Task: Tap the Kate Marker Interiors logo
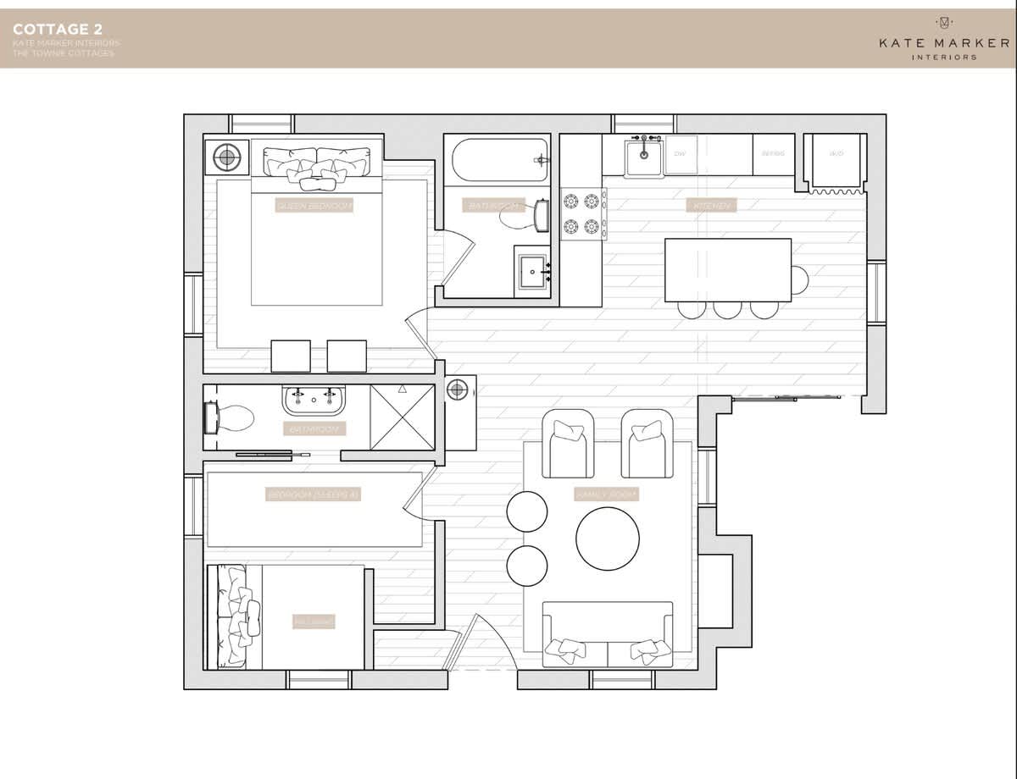pyautogui.click(x=943, y=39)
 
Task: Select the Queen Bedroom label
pyautogui.click(x=314, y=206)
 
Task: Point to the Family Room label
pyautogui.click(x=606, y=494)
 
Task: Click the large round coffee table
pyautogui.click(x=608, y=539)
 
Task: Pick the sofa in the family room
pyautogui.click(x=608, y=633)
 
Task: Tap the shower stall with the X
pyautogui.click(x=403, y=417)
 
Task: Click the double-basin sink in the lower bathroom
pyautogui.click(x=314, y=399)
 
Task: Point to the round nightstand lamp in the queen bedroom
pyautogui.click(x=226, y=157)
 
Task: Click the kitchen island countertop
pyautogui.click(x=728, y=269)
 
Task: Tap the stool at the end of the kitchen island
pyautogui.click(x=799, y=279)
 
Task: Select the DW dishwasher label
pyautogui.click(x=680, y=154)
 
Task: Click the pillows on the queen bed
pyautogui.click(x=317, y=164)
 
